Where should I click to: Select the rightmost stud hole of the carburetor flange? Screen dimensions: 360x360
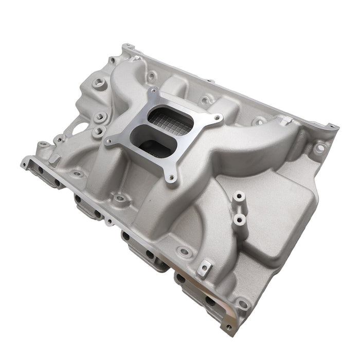[x=219, y=120]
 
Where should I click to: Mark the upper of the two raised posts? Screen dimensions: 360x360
[x=239, y=197]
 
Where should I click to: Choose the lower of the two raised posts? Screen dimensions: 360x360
[x=239, y=220]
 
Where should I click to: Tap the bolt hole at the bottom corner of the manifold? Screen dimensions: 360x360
[x=242, y=305]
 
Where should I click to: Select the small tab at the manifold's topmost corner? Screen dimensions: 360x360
[x=125, y=47]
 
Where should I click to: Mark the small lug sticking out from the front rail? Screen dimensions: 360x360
[x=110, y=222]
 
